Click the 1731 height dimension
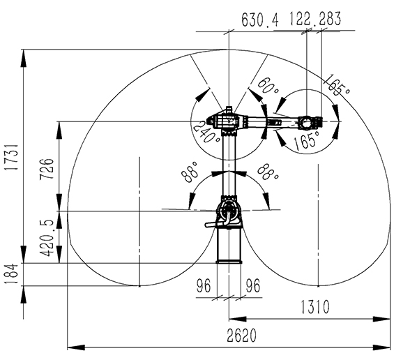click(x=12, y=157)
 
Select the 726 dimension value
click(x=47, y=169)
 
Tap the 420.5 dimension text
click(x=47, y=238)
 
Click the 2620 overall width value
click(x=241, y=336)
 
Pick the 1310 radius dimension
click(x=315, y=307)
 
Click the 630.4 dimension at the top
click(x=259, y=20)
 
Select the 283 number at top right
click(x=330, y=18)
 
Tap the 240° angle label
click(x=206, y=132)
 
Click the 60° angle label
click(x=268, y=86)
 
